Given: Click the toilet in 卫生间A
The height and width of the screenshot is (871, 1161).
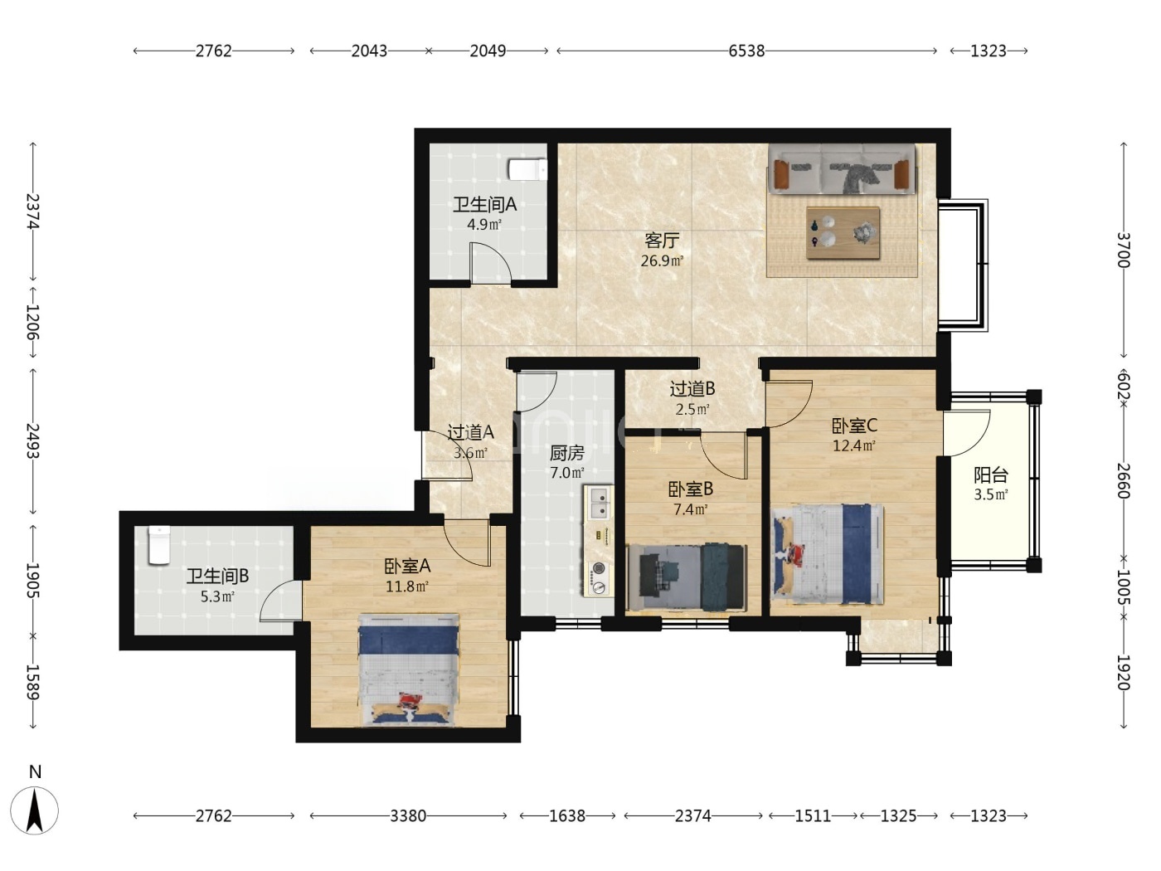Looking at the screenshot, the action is (527, 169).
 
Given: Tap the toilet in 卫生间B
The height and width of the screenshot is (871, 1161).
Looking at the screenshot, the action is (158, 545).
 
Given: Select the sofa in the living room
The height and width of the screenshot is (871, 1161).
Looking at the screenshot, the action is (842, 168).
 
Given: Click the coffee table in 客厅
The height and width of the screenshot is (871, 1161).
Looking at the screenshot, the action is (843, 233).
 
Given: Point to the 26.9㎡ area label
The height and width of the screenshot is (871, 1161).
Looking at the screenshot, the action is (662, 260).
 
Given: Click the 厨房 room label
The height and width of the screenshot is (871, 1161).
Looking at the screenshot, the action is (566, 453).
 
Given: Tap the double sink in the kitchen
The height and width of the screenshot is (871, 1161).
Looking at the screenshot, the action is (599, 503).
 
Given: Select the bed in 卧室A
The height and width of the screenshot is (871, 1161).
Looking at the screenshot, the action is (408, 669).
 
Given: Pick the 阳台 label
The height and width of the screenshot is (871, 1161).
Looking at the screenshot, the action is (991, 474).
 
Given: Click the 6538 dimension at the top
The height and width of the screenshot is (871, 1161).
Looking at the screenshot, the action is (746, 51).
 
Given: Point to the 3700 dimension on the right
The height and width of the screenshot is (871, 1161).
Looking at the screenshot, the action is (1124, 251).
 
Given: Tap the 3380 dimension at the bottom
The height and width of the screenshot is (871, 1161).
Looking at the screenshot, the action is (408, 816).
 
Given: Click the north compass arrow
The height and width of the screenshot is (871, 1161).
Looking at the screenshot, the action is (35, 810).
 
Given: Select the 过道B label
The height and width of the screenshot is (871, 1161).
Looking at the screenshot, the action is (692, 389).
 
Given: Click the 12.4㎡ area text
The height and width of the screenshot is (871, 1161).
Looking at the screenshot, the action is (853, 445).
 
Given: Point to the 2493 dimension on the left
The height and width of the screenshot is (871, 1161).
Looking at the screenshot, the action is (33, 440).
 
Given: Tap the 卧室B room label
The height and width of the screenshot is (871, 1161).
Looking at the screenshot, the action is (690, 489).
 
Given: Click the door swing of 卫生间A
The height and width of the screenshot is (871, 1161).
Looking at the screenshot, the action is (490, 262).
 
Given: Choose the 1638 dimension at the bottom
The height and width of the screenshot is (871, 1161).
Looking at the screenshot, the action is (567, 816).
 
